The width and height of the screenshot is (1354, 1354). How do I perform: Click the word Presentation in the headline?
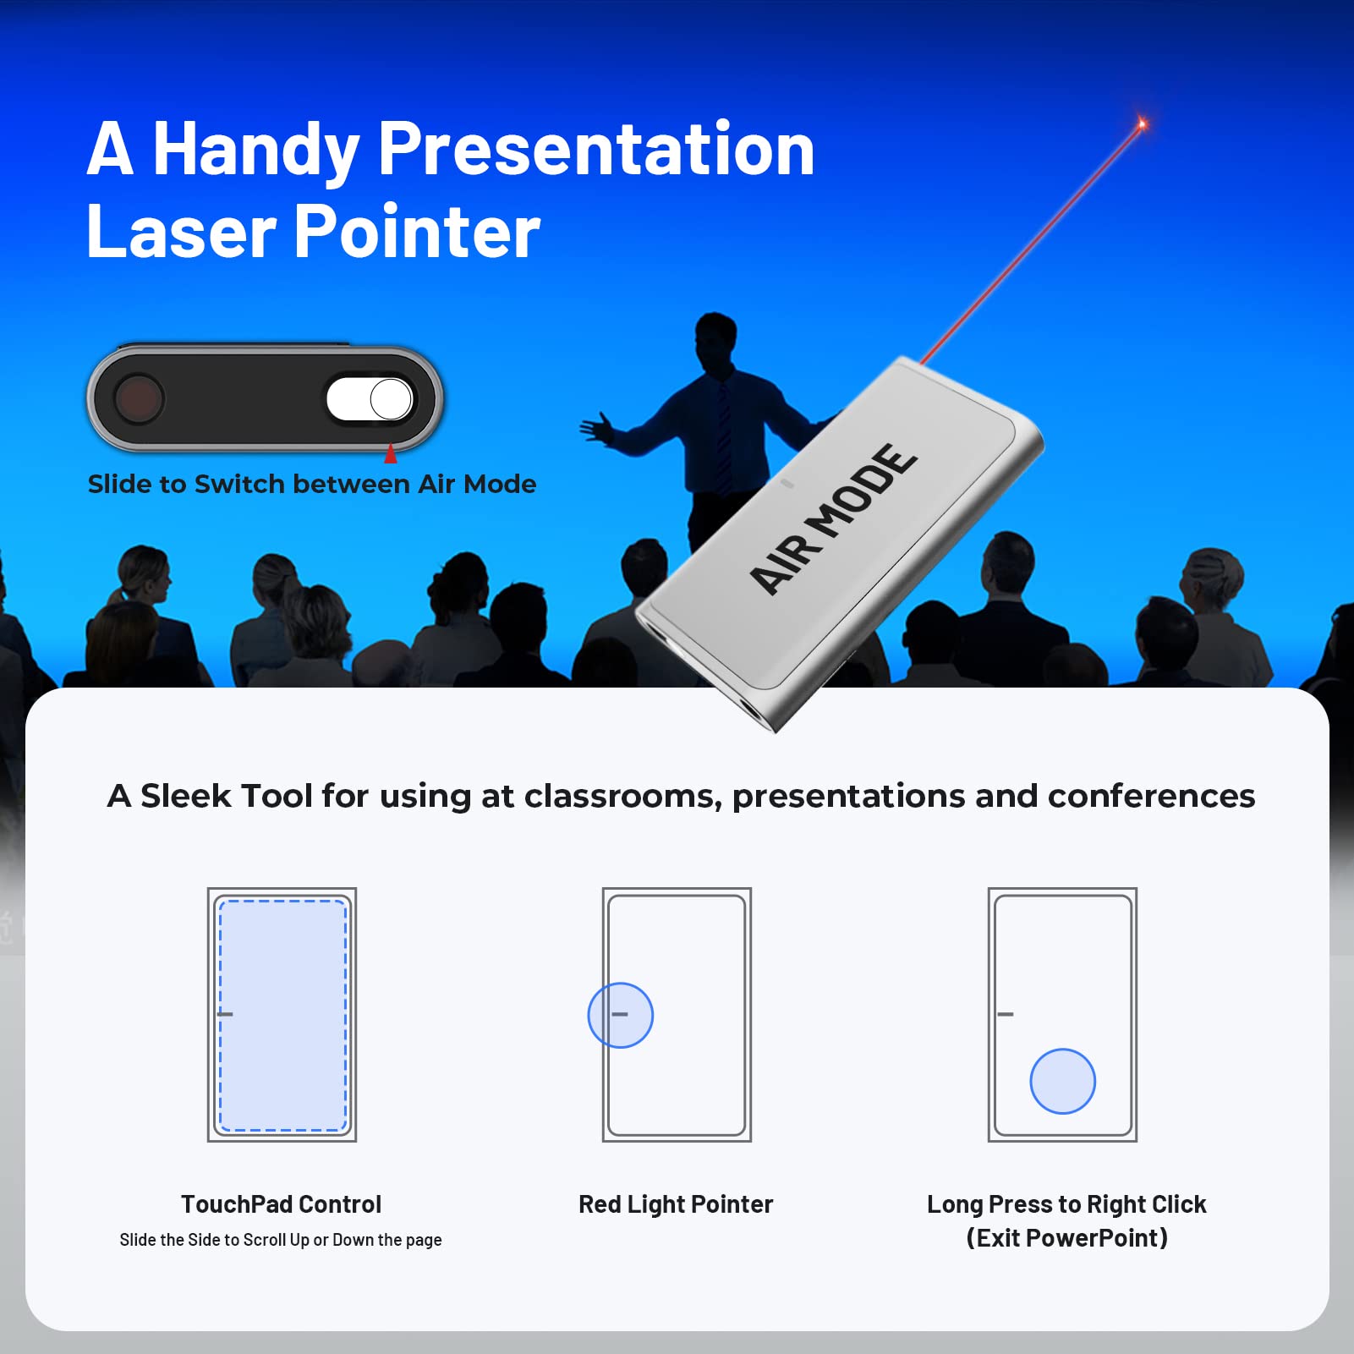pos(596,149)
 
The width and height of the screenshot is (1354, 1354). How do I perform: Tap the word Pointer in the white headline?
pos(417,231)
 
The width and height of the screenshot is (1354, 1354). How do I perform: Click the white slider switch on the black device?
pos(370,399)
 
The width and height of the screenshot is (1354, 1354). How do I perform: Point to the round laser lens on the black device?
pos(139,398)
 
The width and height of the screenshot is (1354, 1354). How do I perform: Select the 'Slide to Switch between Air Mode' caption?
pos(312,484)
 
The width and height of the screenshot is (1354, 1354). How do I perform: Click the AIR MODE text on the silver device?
pos(833,518)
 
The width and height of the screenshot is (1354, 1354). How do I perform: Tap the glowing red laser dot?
pos(1142,124)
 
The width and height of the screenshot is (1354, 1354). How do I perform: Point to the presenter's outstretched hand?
pos(597,427)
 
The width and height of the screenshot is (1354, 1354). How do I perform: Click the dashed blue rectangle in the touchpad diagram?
pos(282,1015)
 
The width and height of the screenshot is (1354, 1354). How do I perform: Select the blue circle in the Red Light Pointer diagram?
pos(621,1015)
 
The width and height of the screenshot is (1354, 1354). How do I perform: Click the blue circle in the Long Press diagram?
pos(1063,1081)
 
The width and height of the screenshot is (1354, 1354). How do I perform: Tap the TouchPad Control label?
pos(281,1203)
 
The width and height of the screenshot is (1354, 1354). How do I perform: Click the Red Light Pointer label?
pos(676,1203)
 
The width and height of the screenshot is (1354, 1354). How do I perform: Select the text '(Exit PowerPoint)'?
pos(1067,1238)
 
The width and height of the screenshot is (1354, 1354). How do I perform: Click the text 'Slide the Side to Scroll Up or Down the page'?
pos(281,1240)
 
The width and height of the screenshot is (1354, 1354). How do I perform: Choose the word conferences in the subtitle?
pos(1151,796)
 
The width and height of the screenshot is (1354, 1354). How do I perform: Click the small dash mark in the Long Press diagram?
pos(1006,1014)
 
